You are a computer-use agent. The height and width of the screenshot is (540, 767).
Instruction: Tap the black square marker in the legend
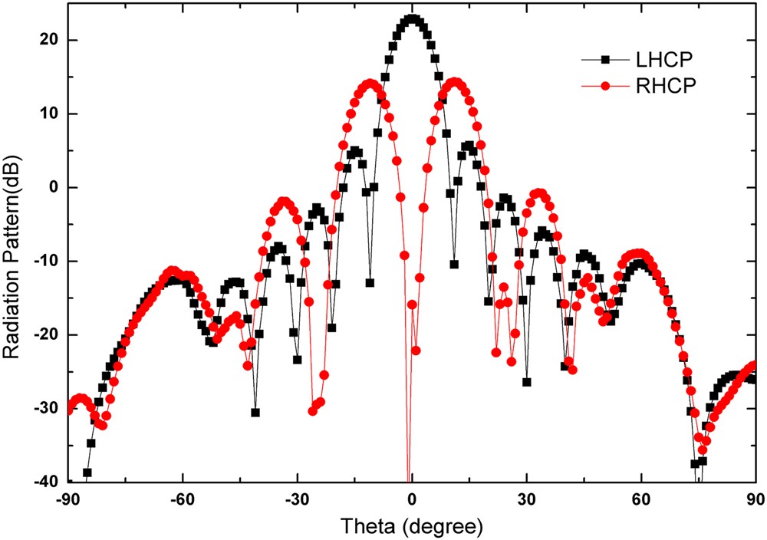pos(605,59)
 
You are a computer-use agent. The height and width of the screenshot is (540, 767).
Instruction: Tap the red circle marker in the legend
pos(605,87)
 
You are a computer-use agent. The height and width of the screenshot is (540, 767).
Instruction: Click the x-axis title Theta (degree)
pos(412,527)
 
